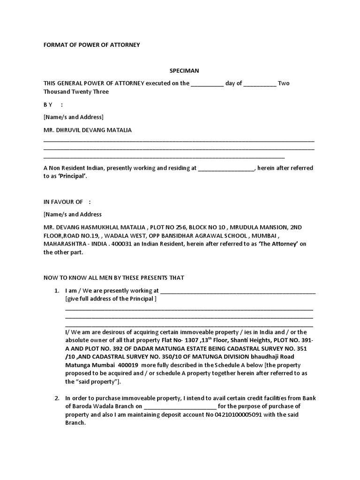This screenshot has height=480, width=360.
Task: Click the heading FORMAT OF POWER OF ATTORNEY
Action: pyautogui.click(x=92, y=45)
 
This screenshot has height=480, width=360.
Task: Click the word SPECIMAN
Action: pyautogui.click(x=184, y=71)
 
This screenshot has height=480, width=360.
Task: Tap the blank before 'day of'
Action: pyautogui.click(x=208, y=84)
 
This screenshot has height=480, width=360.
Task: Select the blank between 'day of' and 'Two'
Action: pyautogui.click(x=260, y=84)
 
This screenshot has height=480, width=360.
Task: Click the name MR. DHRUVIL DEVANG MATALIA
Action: pyautogui.click(x=88, y=130)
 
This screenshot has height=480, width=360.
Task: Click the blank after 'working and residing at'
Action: pyautogui.click(x=226, y=168)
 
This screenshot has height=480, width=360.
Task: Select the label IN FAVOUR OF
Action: pyautogui.click(x=63, y=202)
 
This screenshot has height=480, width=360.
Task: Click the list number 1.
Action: pyautogui.click(x=56, y=291)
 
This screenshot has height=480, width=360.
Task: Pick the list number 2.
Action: pyautogui.click(x=56, y=398)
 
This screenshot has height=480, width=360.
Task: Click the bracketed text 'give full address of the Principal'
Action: pyautogui.click(x=111, y=299)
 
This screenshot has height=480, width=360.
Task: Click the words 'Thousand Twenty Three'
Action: pyautogui.click(x=76, y=92)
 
